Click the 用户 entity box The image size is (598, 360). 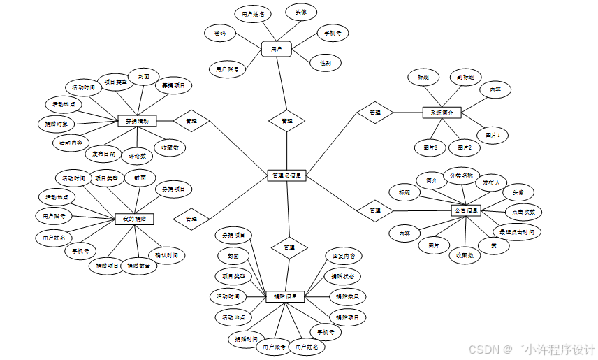pos(276,49)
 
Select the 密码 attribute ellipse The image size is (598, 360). pos(220,32)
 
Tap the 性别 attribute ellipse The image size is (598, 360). pos(326,63)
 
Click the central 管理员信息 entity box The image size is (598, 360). pos(286,175)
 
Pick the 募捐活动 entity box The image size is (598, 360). pos(137,121)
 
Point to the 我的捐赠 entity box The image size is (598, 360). pos(134,219)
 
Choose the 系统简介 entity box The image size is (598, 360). pos(442,112)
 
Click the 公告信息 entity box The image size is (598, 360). pos(466,210)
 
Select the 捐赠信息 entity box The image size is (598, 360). pos(285,296)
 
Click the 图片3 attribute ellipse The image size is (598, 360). pos(430,147)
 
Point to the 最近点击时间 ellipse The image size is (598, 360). pos(517,231)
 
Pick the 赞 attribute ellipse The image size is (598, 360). pos(493,245)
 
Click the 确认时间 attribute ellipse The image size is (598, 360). pos(166,255)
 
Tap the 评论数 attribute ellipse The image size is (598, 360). pos(138,155)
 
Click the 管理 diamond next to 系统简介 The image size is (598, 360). pos(375,112)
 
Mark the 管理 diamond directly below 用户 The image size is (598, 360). pos(287,120)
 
